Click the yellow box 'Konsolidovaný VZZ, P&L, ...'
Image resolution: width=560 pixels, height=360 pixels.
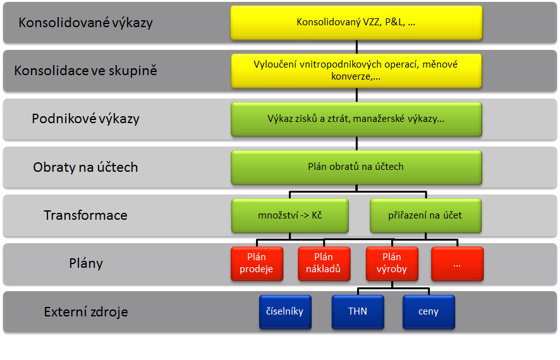(356, 23)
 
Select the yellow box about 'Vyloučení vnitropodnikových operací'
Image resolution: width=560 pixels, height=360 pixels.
(356, 71)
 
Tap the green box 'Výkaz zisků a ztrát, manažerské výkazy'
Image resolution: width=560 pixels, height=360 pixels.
(356, 119)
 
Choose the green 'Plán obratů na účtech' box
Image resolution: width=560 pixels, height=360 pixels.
(356, 167)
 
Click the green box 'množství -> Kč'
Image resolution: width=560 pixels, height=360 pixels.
(290, 215)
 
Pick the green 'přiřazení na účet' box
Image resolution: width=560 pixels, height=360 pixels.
(426, 215)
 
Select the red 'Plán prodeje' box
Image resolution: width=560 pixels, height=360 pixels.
(257, 263)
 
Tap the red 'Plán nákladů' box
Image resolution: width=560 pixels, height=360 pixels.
(324, 263)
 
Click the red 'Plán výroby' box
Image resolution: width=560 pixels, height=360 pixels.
(392, 263)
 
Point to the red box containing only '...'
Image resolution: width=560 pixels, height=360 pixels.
(458, 263)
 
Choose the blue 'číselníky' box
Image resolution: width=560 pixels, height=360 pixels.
(285, 312)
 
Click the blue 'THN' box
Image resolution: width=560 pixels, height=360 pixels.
(358, 312)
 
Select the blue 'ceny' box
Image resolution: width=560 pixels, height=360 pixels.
(429, 312)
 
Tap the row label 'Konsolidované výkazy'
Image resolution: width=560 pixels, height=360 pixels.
(86, 23)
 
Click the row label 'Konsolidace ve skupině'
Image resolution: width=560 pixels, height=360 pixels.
(86, 71)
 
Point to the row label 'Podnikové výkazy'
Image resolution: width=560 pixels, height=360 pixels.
(86, 119)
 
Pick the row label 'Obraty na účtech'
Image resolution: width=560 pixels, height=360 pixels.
(86, 167)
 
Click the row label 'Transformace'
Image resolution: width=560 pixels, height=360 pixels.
(86, 215)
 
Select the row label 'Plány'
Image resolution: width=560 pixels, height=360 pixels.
(86, 263)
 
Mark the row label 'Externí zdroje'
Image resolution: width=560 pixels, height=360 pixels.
(86, 312)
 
